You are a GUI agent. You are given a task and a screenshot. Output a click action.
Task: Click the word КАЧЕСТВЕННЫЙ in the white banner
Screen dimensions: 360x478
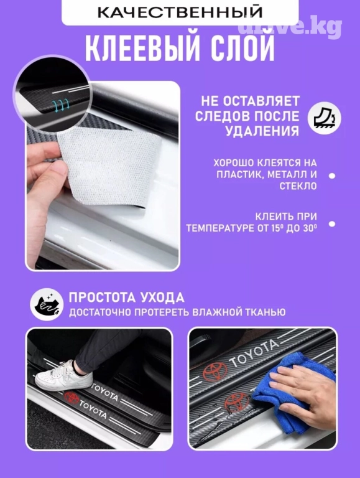click(x=180, y=12)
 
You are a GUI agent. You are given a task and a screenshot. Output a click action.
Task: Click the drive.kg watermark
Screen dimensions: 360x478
click(x=289, y=27)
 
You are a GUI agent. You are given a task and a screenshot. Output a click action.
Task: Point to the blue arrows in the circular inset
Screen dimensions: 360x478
click(x=61, y=105)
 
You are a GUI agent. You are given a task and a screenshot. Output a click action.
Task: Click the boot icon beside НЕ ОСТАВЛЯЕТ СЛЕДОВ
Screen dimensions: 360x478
click(x=324, y=118)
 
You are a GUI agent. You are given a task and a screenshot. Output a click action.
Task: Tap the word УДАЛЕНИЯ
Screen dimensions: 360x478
click(x=262, y=131)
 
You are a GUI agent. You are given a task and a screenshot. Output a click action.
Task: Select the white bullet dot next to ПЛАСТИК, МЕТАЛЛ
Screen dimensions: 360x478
click(x=331, y=176)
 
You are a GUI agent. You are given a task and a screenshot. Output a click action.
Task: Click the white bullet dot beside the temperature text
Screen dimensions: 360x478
click(x=331, y=224)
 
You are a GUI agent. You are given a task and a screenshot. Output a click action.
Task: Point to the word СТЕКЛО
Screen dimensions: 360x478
click(x=298, y=186)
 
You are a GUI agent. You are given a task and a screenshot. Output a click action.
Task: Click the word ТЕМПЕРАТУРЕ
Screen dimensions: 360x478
click(x=221, y=228)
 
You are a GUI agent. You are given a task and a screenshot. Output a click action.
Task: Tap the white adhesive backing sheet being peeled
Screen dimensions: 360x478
click(x=109, y=164)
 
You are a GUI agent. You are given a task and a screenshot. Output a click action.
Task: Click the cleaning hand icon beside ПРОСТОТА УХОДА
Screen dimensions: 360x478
click(x=47, y=304)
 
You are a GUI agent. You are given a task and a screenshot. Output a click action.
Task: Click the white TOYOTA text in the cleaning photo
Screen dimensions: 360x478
click(x=254, y=354)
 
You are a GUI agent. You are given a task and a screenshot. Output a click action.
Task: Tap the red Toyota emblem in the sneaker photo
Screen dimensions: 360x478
click(x=72, y=398)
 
